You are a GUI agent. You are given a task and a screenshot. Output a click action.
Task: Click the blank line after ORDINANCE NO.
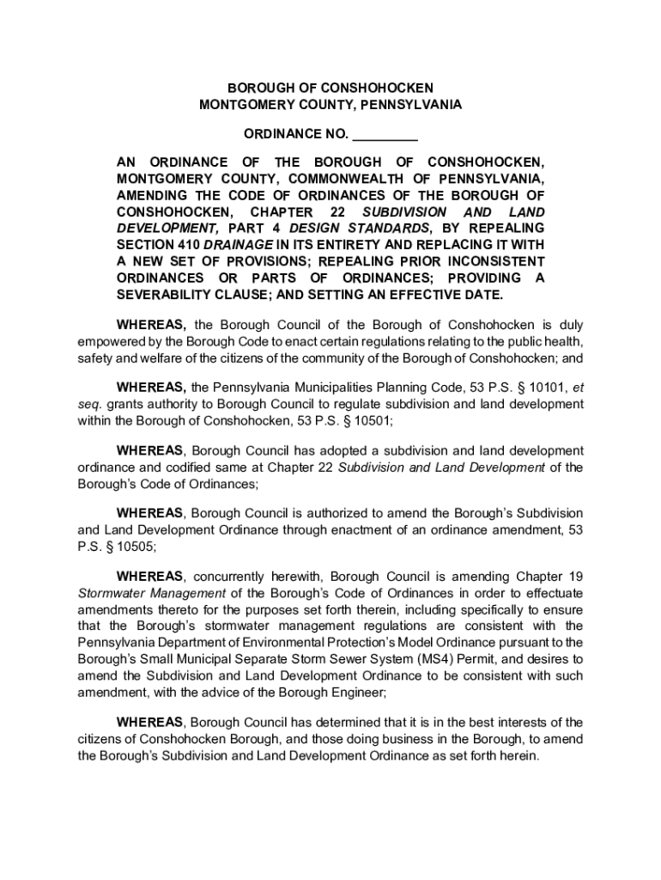(x=385, y=134)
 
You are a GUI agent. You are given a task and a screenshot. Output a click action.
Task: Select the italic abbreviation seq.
(x=88, y=404)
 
